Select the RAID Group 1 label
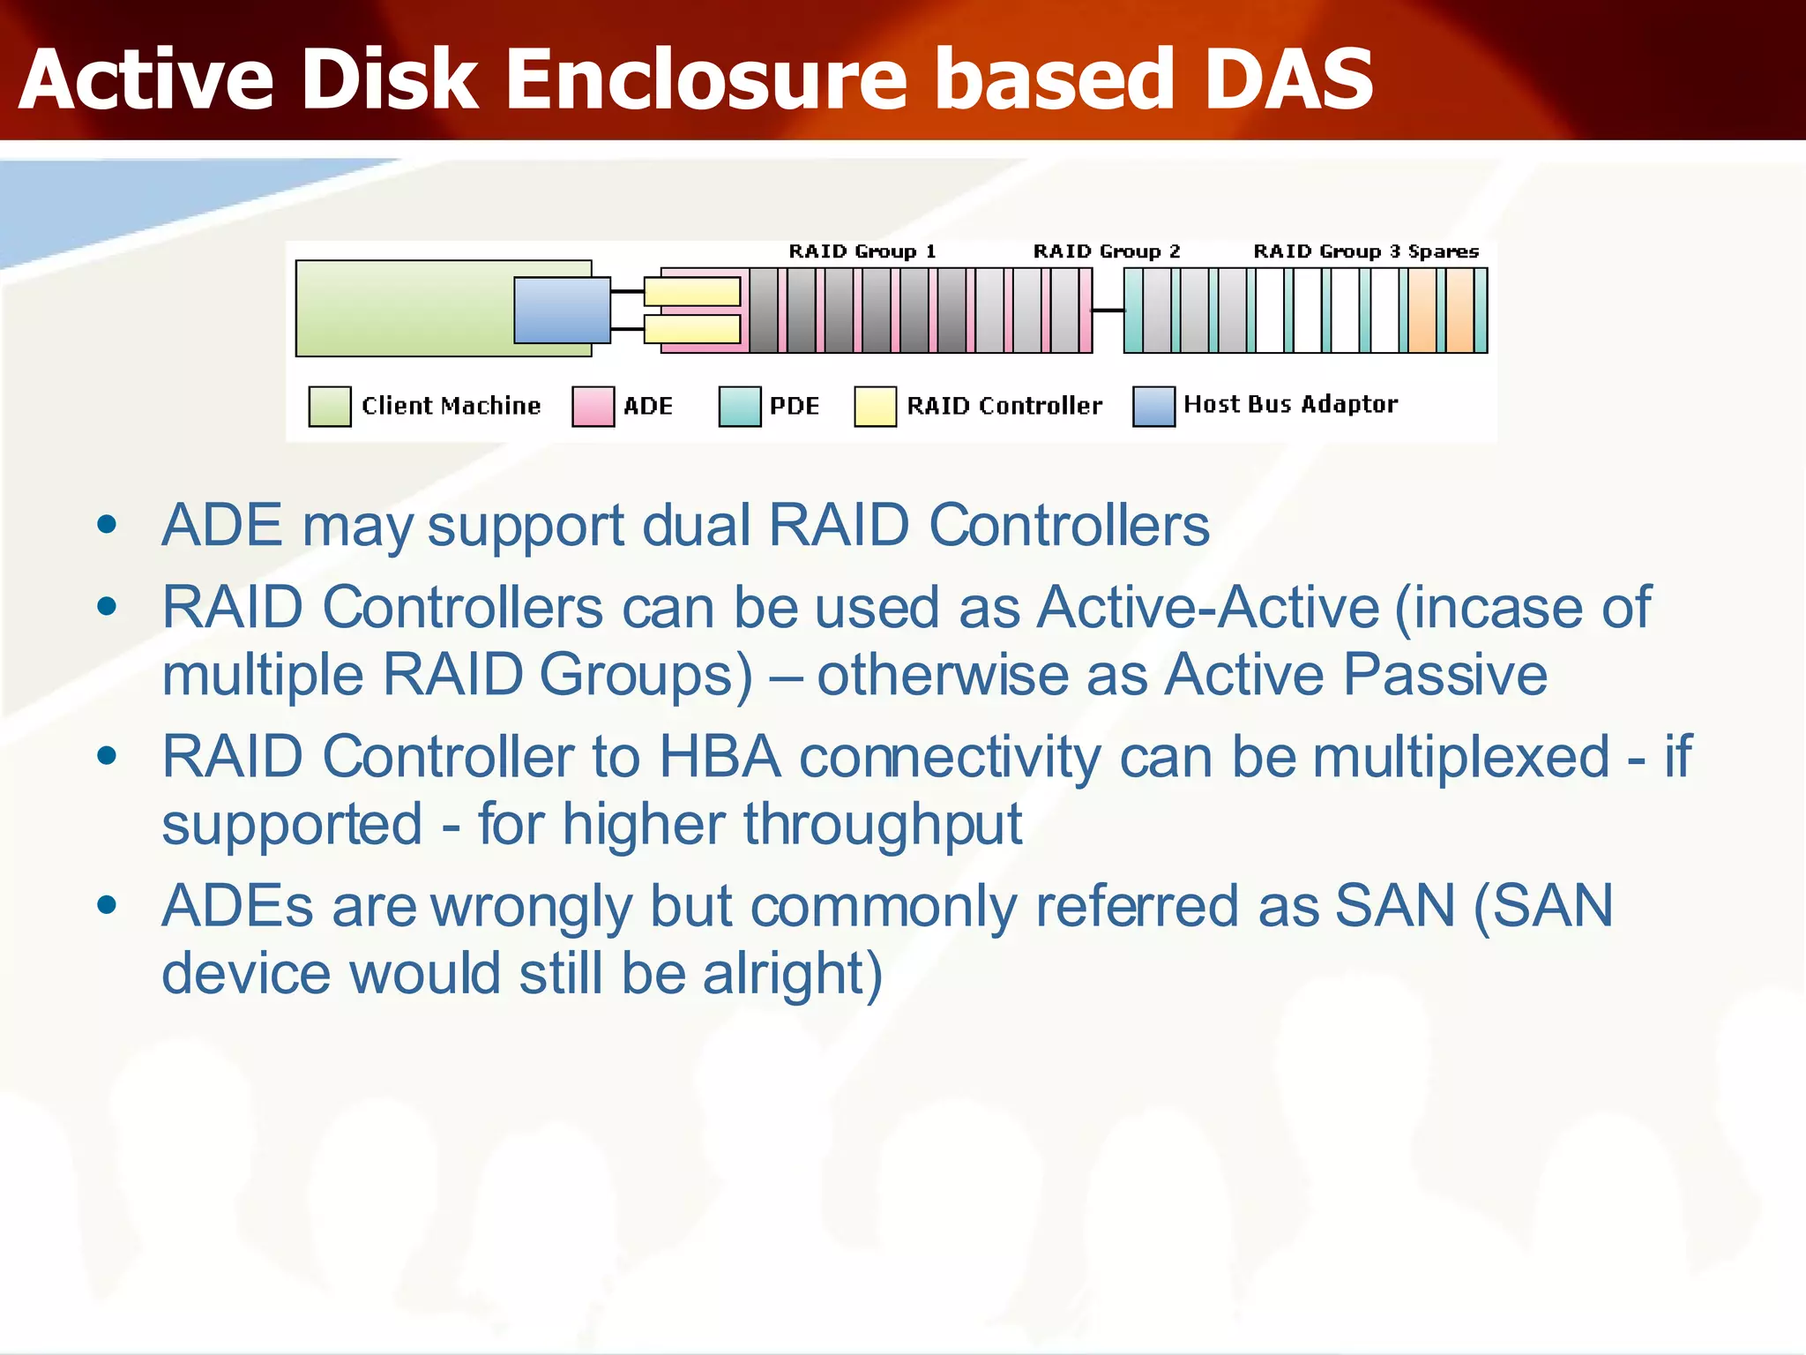[862, 251]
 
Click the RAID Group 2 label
[1106, 251]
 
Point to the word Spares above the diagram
[1443, 251]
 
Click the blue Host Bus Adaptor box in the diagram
[562, 310]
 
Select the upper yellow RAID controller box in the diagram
[692, 291]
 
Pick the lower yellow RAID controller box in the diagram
[692, 329]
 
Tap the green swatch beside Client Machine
[330, 406]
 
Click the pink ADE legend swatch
[593, 406]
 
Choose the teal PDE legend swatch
[739, 406]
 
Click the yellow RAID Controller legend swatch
[875, 406]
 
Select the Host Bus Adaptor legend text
[1290, 404]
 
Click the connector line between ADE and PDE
[1108, 311]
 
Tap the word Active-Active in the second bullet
[1207, 608]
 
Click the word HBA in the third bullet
[719, 757]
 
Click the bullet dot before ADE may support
[107, 526]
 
